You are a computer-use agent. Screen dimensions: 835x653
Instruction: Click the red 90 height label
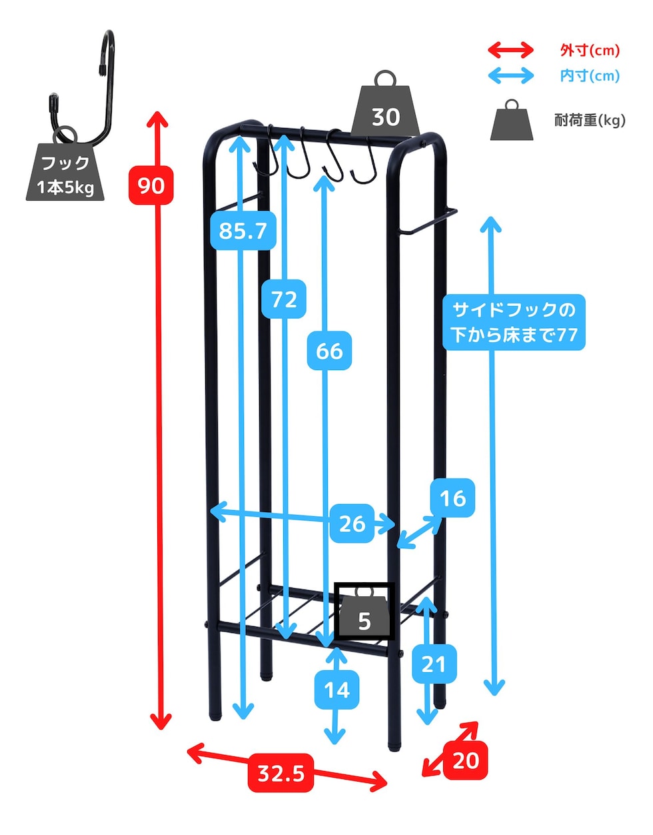pyautogui.click(x=151, y=185)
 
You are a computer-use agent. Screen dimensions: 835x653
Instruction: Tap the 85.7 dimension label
pyautogui.click(x=243, y=231)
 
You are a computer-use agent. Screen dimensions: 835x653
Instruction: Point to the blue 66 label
pyautogui.click(x=329, y=351)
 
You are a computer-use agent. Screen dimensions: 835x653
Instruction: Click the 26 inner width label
pyautogui.click(x=352, y=524)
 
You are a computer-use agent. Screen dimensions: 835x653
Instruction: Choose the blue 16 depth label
pyautogui.click(x=452, y=498)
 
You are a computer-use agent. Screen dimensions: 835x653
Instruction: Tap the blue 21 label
pyautogui.click(x=434, y=664)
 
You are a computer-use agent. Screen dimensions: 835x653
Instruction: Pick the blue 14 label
pyautogui.click(x=337, y=689)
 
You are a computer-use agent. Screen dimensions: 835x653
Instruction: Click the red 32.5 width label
pyautogui.click(x=281, y=773)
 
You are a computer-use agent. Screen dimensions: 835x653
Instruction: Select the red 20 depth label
pyautogui.click(x=465, y=760)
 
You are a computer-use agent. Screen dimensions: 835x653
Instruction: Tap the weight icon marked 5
pyautogui.click(x=364, y=613)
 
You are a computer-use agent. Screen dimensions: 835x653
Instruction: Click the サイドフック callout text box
pyautogui.click(x=514, y=322)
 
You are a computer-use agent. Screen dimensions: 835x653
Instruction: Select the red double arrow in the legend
pyautogui.click(x=511, y=50)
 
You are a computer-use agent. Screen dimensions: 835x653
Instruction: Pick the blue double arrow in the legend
pyautogui.click(x=511, y=75)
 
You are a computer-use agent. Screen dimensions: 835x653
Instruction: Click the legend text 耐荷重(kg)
pyautogui.click(x=590, y=120)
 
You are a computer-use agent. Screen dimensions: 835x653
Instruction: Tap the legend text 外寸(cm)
pyautogui.click(x=590, y=50)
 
